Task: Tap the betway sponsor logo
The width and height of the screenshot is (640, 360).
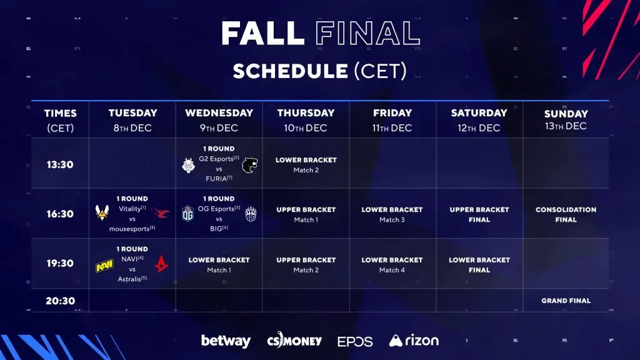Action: pyautogui.click(x=226, y=341)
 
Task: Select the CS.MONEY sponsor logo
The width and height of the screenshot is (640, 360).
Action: pyautogui.click(x=294, y=341)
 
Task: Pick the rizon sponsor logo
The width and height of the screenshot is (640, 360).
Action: pyautogui.click(x=414, y=341)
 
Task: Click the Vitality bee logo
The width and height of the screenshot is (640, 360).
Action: pyautogui.click(x=103, y=213)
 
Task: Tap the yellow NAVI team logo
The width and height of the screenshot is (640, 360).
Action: pyautogui.click(x=104, y=267)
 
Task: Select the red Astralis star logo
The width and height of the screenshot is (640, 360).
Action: pyautogui.click(x=161, y=264)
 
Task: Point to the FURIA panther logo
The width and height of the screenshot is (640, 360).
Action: pyautogui.click(x=251, y=165)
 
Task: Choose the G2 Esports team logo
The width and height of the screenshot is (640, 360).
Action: pyautogui.click(x=188, y=165)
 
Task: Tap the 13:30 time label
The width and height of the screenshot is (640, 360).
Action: pyautogui.click(x=60, y=165)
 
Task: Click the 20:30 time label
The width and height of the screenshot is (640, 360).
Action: pyautogui.click(x=60, y=301)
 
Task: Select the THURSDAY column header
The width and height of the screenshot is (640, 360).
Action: pyautogui.click(x=306, y=113)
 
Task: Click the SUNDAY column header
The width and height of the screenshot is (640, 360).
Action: pyautogui.click(x=566, y=114)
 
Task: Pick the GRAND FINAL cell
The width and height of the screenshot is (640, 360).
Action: pyautogui.click(x=566, y=301)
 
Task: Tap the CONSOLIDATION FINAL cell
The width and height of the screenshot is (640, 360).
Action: pyautogui.click(x=566, y=214)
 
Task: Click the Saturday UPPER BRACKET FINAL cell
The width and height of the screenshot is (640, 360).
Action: pyautogui.click(x=479, y=214)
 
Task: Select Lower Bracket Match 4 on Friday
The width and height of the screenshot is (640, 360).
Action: pyautogui.click(x=392, y=264)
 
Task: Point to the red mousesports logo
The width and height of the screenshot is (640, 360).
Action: pyautogui.click(x=161, y=213)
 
